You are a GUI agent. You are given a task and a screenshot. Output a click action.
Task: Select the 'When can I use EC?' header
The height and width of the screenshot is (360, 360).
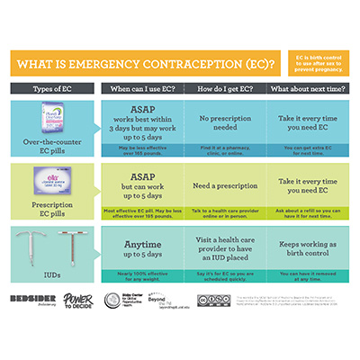[142, 89]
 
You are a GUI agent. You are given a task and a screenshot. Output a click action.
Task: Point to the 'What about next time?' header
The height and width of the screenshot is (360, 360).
[303, 89]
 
